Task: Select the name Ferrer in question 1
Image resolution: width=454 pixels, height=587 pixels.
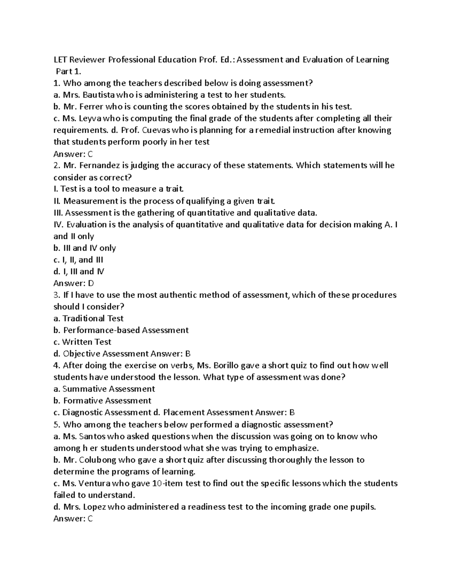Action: click(x=92, y=106)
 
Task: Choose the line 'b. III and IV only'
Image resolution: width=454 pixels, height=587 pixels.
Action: click(x=85, y=248)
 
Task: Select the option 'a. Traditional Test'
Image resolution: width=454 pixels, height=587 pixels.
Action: click(x=89, y=318)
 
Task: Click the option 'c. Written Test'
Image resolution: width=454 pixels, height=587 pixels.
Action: click(x=82, y=342)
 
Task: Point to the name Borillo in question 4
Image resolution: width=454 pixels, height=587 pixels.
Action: click(x=226, y=366)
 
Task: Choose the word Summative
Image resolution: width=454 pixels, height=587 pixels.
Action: click(x=84, y=389)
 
